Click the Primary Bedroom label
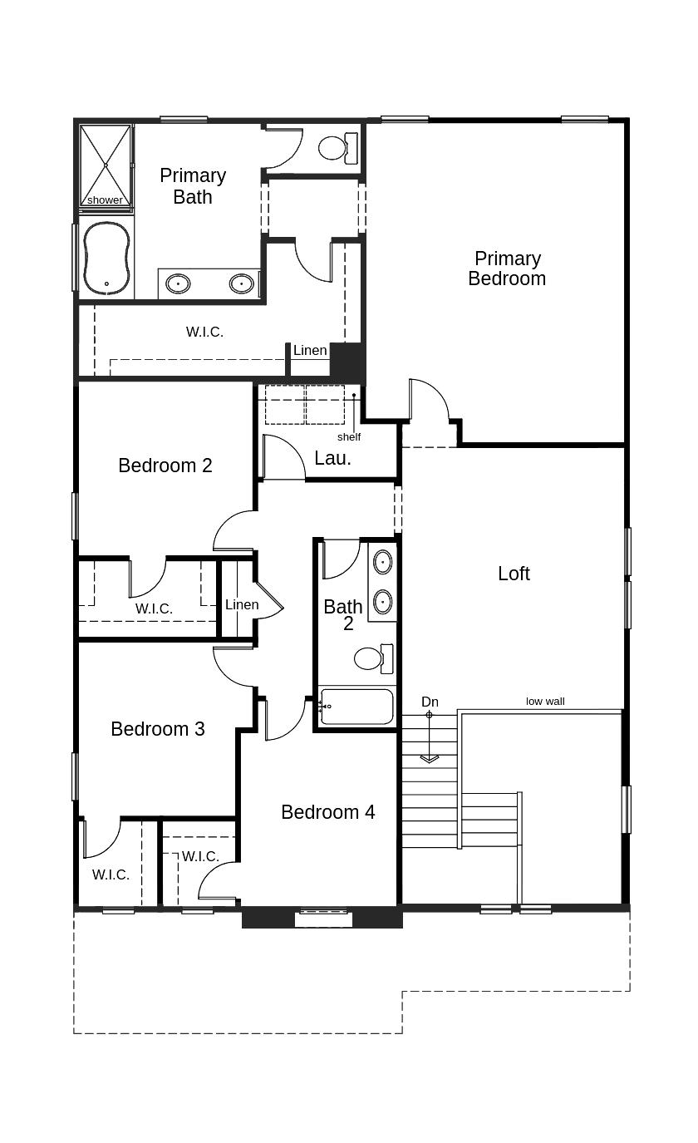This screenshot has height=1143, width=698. coord(507,269)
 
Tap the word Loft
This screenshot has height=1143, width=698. coord(514,574)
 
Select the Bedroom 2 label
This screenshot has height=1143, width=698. coord(165,466)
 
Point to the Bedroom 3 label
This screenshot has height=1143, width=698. coord(158,729)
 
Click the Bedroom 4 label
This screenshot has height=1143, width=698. coord(327,812)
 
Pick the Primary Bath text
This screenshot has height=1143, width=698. coord(193,185)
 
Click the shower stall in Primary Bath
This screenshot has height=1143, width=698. coord(106,165)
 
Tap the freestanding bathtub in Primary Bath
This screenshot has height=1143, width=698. coord(106,259)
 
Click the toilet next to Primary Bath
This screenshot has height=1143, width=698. coord(338,148)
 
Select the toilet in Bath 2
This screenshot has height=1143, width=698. coord(373,658)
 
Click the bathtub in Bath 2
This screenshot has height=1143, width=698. coord(356,707)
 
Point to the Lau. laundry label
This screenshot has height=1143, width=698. coord(332,458)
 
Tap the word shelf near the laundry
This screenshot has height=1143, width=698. coord(349,436)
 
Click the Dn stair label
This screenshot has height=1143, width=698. coord(430,702)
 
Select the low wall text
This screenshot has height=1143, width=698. coord(545,701)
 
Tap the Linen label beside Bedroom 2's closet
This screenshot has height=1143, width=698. coord(242,604)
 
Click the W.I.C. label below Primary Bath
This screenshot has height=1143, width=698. coord(204,332)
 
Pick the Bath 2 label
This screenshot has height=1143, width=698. coord(343,615)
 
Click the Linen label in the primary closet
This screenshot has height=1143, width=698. coord(310,350)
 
